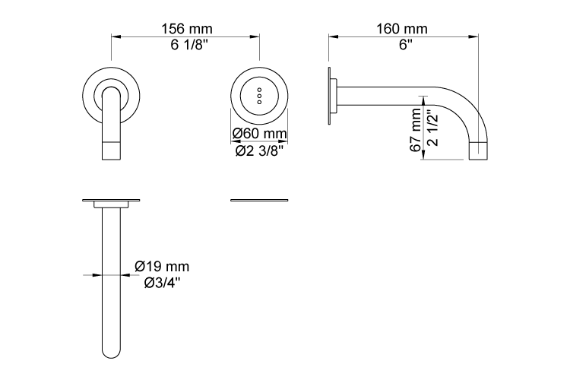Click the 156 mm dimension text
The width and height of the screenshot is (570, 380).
(186, 29)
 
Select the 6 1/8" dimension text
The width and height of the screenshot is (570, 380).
(186, 46)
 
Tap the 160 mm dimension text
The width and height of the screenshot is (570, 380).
(402, 29)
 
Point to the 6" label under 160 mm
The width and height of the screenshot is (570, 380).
(403, 46)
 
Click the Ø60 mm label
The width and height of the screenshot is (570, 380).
(260, 134)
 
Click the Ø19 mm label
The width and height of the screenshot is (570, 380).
(162, 267)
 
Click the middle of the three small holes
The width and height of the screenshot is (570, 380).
(260, 96)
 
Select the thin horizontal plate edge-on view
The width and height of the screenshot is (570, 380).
(260, 201)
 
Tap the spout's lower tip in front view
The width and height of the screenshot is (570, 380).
(112, 152)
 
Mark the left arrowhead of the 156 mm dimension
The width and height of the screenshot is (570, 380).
(116, 36)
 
